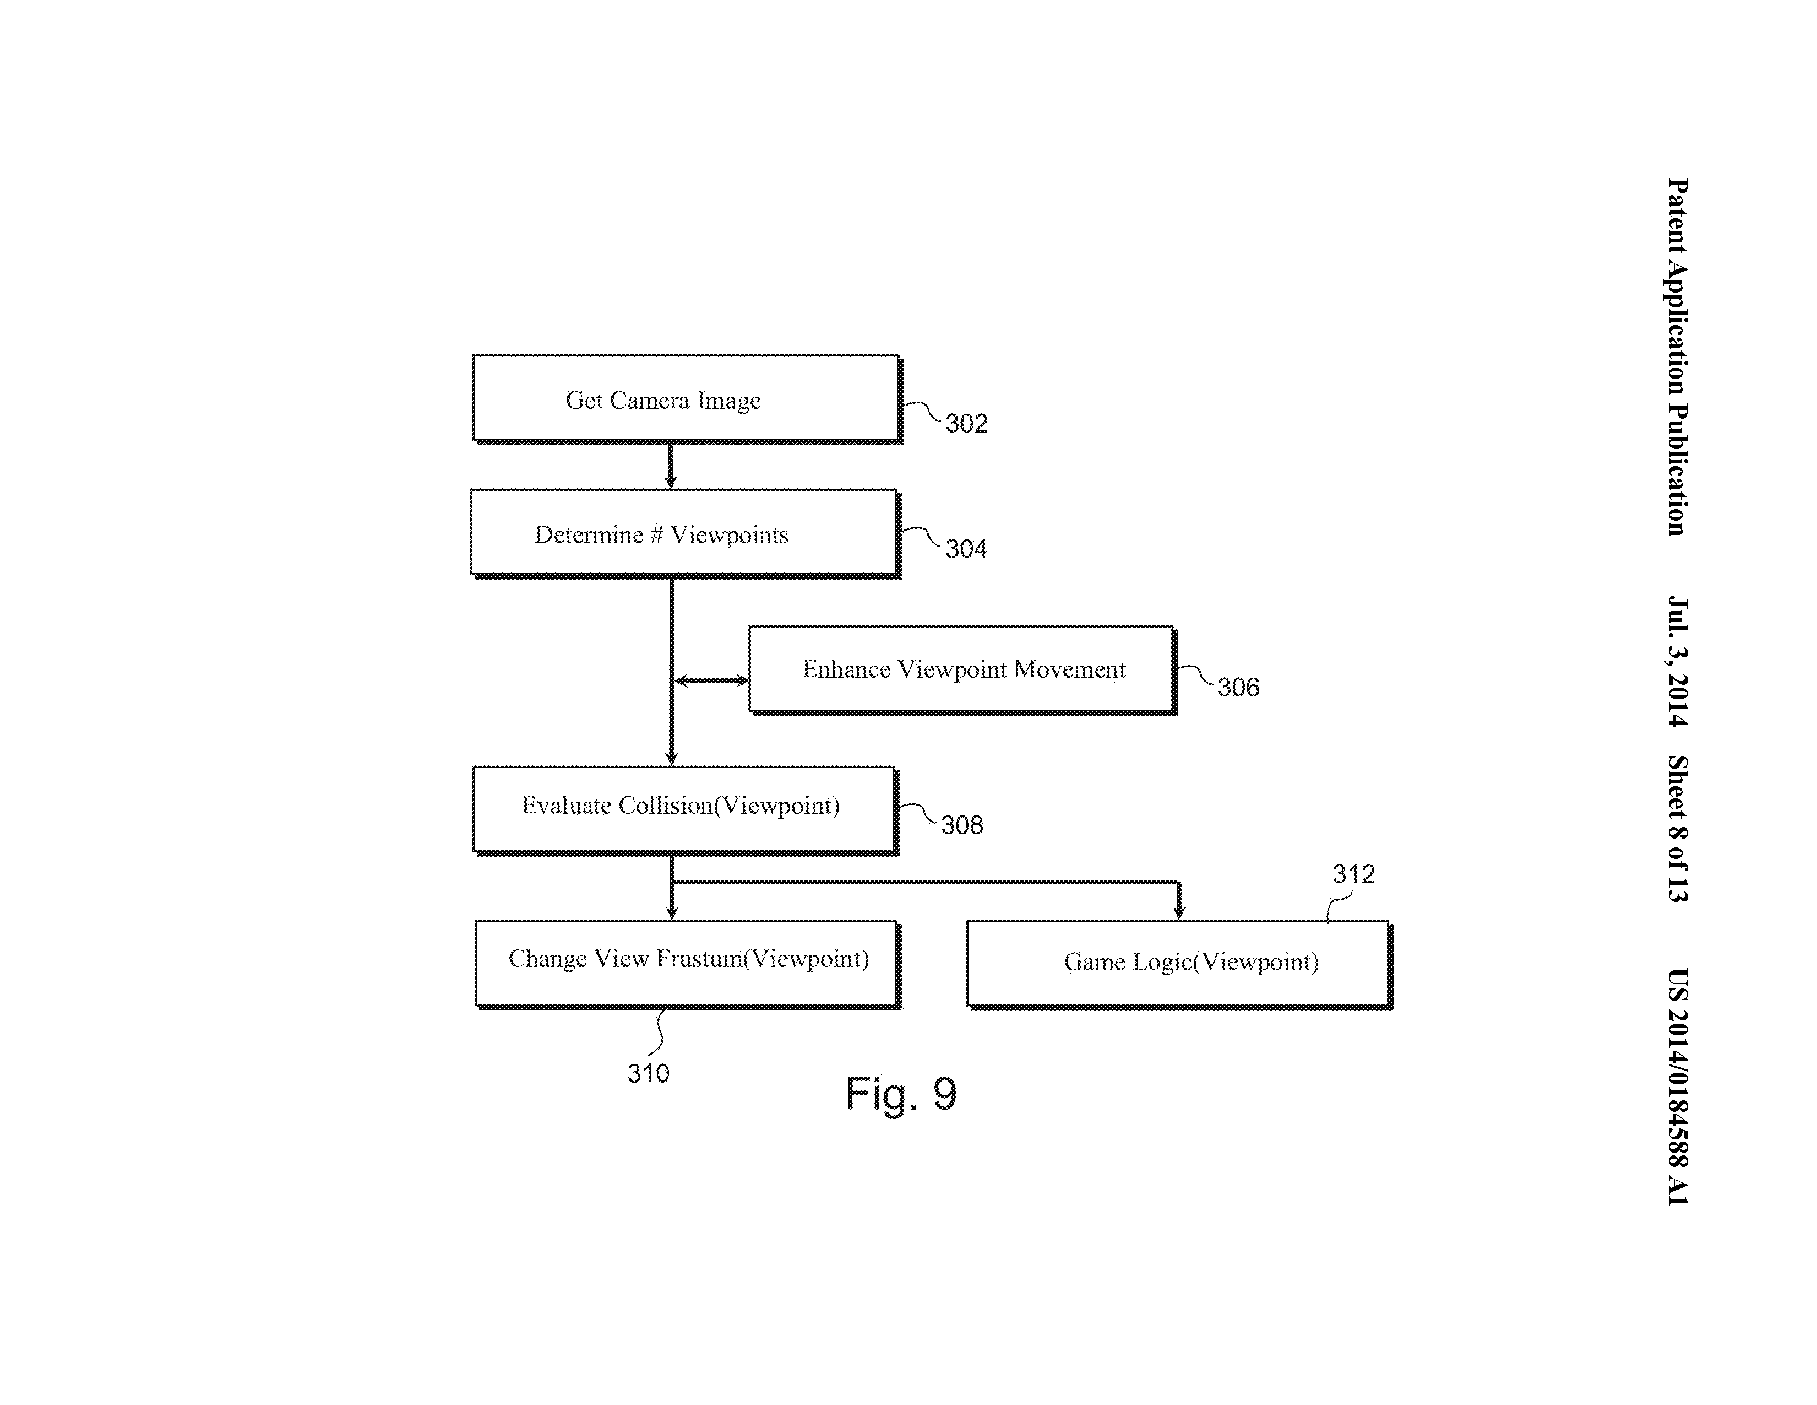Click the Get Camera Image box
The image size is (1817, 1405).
(x=686, y=399)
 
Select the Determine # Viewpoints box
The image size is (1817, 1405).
(x=683, y=533)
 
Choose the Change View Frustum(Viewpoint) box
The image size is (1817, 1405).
(x=687, y=962)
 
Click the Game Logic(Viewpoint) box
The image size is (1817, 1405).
(x=1178, y=963)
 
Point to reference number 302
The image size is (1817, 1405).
(x=966, y=424)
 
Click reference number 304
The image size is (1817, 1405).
(x=966, y=549)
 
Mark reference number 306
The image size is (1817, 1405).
(x=1238, y=688)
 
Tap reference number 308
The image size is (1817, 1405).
(x=962, y=825)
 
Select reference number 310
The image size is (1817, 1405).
(x=648, y=1074)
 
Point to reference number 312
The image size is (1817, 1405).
(x=1353, y=874)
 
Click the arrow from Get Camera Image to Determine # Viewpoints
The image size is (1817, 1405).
(x=671, y=466)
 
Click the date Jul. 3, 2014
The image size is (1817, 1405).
(x=1677, y=662)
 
